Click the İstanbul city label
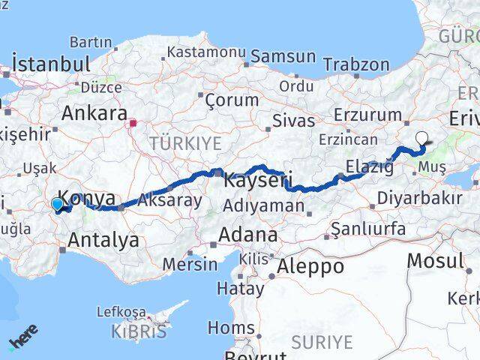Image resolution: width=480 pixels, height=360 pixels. coord(51,63)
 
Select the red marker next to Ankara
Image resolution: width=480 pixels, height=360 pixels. coord(133,124)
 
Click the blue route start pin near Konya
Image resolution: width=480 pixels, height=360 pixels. coord(57,203)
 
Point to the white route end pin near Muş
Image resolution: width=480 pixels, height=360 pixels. coord(422,138)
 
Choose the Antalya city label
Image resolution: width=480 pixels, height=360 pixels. coord(103,240)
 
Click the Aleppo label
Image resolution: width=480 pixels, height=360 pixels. coord(310,266)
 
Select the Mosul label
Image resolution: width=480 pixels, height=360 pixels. coord(435,261)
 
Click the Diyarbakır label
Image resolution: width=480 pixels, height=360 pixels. coord(419,199)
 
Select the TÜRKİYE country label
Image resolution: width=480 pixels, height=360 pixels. coord(185,143)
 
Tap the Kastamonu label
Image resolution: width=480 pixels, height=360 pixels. coord(206,52)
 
